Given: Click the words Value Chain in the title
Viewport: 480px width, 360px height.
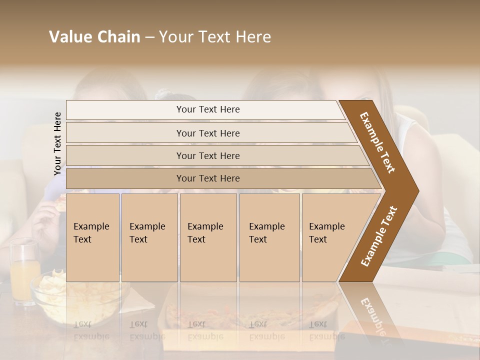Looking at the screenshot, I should coord(94,37).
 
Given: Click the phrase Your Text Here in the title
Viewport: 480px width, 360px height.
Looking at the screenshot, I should coord(215,37).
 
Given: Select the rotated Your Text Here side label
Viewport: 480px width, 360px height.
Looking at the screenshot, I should coord(57,143).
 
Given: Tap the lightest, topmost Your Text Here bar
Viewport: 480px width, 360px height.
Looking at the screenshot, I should coord(208,109).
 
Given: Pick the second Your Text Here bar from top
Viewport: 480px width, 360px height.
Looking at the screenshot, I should coord(208,133).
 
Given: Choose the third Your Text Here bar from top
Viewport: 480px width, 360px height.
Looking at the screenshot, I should coord(208,156).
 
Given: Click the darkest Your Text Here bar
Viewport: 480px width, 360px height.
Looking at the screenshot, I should coord(208,178).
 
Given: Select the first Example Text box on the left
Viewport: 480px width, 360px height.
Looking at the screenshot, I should coord(92,237).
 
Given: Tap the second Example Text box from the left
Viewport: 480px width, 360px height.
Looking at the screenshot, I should coord(149,237).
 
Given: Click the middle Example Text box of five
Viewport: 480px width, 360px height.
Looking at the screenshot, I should coord(208,237).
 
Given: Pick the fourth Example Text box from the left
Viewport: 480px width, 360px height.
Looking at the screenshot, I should coord(269,237).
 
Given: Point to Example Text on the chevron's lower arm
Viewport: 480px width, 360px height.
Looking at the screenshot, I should coord(379,236).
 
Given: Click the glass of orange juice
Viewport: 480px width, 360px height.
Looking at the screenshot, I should coord(24,272).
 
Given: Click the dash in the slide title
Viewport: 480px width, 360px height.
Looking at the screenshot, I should coord(149,37).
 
